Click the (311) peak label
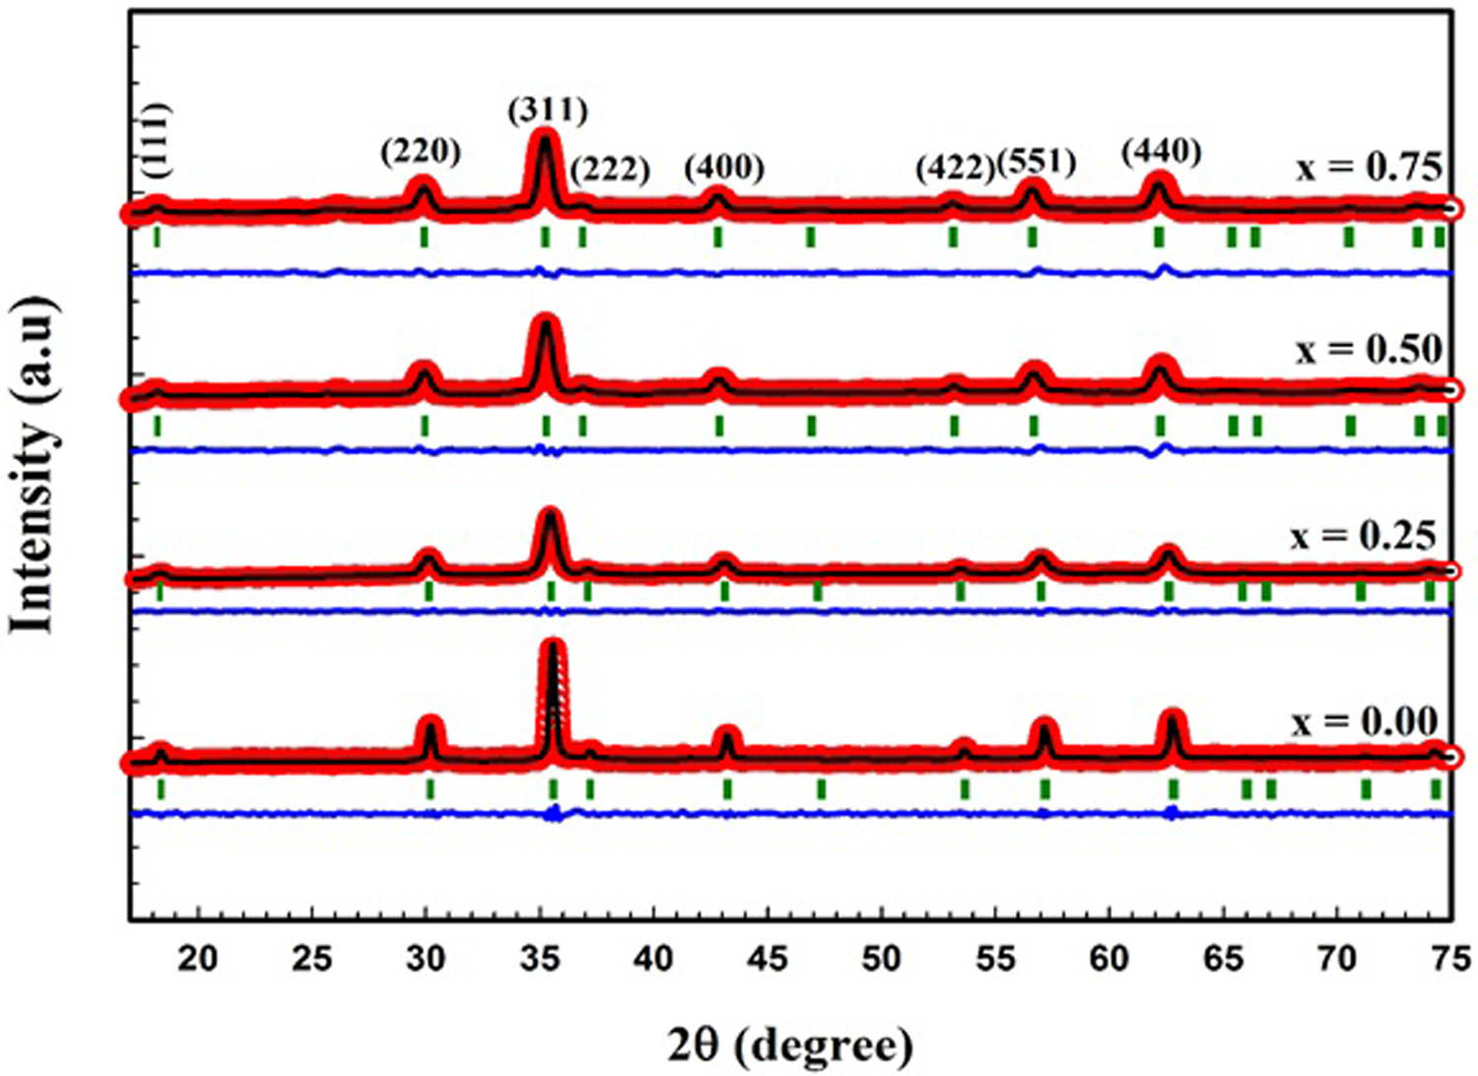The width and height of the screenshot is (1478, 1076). (548, 109)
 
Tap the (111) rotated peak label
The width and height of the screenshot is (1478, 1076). (156, 141)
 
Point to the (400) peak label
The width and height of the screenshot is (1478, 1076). (724, 168)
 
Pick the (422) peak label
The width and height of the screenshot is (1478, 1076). (955, 168)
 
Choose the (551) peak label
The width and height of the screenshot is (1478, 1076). (1037, 162)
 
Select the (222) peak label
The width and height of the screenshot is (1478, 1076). (610, 169)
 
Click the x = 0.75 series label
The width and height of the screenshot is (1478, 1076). (1370, 168)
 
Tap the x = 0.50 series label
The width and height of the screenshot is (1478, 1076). (1370, 350)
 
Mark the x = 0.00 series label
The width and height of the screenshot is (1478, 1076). (1365, 721)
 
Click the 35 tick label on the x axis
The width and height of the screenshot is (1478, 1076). (539, 957)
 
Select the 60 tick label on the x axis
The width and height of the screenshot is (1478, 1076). (1108, 957)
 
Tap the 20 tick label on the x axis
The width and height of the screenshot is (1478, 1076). (198, 957)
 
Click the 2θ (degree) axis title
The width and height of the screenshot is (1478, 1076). (790, 1044)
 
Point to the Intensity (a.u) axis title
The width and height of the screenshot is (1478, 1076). (34, 463)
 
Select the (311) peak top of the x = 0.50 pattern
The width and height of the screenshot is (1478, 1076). (544, 321)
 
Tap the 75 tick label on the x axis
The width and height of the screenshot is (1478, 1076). (1449, 957)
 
